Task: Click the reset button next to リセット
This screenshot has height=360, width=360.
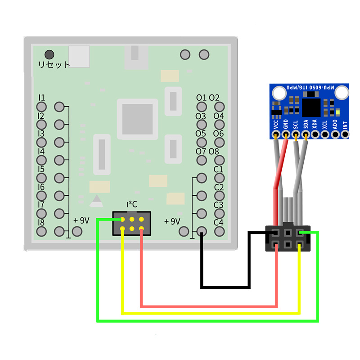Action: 49,54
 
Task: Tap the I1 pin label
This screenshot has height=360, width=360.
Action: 41,98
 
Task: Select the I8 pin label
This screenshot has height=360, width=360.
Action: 41,222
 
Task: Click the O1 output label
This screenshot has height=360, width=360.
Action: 201,98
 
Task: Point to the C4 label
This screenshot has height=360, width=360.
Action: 219,222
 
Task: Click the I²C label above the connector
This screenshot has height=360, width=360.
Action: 131,204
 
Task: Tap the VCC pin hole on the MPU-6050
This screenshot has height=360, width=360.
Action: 275,134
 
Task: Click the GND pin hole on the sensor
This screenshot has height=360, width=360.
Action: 285,134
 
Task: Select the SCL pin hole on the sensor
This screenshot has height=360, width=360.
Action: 295,134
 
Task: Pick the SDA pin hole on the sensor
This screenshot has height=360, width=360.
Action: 306,134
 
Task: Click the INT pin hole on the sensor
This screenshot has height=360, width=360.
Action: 345,134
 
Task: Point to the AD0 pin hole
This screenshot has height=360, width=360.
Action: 335,134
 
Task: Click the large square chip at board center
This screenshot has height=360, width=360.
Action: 137,119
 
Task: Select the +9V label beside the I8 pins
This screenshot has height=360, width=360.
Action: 81,220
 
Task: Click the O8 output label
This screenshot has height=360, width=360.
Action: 214,151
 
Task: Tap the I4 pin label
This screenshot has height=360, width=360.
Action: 41,151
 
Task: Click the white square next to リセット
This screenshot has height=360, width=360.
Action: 79,56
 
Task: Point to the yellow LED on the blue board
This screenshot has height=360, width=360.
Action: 338,113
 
